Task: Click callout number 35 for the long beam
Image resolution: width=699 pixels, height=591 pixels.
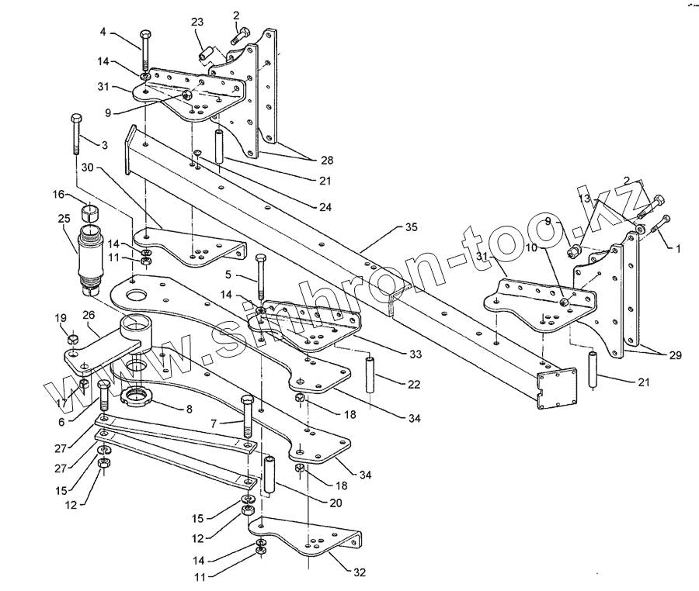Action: (411, 227)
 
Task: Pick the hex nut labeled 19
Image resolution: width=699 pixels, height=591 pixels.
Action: (72, 339)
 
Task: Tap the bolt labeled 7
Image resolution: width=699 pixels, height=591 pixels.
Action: (247, 418)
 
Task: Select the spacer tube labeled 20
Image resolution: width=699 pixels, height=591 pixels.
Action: (270, 475)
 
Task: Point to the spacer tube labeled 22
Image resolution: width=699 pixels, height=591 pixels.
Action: (370, 375)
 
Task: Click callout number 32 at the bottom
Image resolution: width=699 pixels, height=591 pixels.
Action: (358, 573)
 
